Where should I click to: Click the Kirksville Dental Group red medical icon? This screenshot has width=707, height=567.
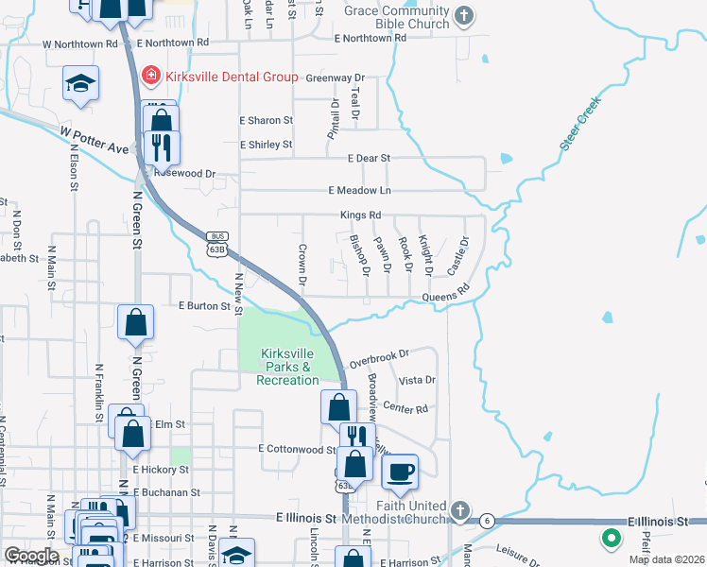[149, 76]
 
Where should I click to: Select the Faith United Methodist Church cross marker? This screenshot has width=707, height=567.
[459, 511]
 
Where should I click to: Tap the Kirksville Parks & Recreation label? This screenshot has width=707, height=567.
[287, 367]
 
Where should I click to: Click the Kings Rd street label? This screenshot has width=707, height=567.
[361, 215]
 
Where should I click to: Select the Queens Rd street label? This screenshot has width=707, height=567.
[445, 296]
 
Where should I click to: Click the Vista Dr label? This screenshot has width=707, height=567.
[417, 380]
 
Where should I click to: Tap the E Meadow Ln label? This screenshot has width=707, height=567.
[359, 191]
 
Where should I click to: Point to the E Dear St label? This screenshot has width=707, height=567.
[369, 159]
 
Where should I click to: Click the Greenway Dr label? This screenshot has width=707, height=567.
[335, 77]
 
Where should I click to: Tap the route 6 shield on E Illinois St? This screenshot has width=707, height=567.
[487, 521]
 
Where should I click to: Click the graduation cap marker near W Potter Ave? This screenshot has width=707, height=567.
[81, 83]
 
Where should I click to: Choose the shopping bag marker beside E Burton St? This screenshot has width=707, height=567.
[136, 321]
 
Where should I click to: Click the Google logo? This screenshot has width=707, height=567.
[31, 556]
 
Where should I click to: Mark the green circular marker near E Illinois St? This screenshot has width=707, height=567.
[611, 540]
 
